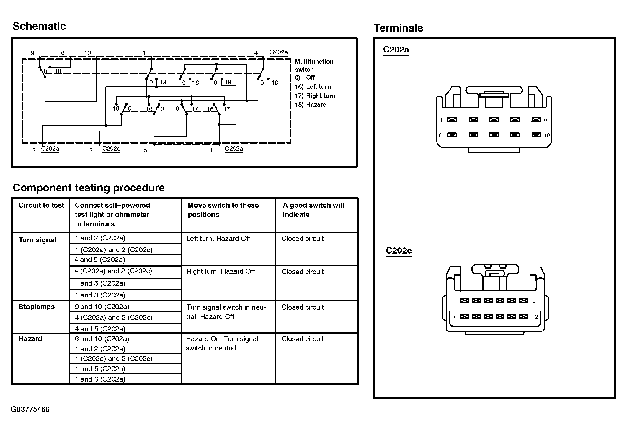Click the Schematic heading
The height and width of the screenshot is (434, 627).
39,27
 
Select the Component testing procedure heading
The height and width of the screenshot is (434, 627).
89,188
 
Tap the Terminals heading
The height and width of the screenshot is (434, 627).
398,28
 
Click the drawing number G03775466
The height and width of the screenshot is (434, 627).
30,409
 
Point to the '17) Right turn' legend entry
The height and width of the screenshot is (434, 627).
315,96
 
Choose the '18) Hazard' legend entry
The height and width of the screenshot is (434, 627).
311,105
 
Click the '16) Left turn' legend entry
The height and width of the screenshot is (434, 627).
313,87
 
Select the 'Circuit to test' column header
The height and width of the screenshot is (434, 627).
41,205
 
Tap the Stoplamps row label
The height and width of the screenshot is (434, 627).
37,307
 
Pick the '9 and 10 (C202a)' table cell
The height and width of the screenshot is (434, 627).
102,307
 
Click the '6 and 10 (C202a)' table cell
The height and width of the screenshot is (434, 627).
102,339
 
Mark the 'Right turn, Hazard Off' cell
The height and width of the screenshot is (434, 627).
221,271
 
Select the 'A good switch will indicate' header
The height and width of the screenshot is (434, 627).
313,210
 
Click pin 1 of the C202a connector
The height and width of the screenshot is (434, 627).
452,120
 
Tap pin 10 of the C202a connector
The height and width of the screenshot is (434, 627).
536,135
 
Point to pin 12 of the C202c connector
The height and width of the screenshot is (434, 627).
523,317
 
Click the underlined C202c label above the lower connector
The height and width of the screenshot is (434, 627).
399,251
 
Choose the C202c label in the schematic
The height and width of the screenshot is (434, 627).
111,149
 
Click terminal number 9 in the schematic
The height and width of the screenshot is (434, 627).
32,53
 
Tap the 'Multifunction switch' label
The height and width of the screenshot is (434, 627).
314,65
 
